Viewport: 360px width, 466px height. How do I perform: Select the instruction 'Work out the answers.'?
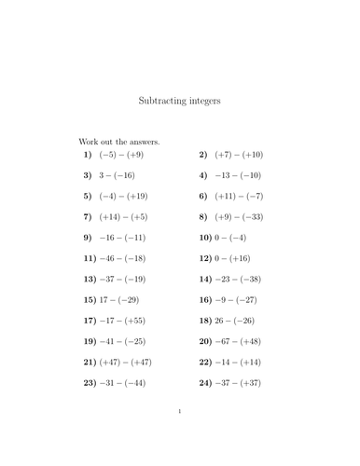(119, 142)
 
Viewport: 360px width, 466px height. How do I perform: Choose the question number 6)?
(204, 196)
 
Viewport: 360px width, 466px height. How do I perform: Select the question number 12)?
(206, 258)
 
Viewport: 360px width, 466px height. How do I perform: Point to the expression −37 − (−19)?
(130, 279)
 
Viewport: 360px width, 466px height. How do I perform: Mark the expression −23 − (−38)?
(245, 279)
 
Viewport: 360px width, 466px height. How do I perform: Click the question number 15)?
(90, 300)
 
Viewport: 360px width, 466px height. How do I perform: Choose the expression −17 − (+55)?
(130, 321)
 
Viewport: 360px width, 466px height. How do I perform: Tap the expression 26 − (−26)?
(242, 321)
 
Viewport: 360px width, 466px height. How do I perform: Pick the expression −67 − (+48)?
(245, 341)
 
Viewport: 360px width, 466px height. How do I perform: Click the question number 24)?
(206, 383)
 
